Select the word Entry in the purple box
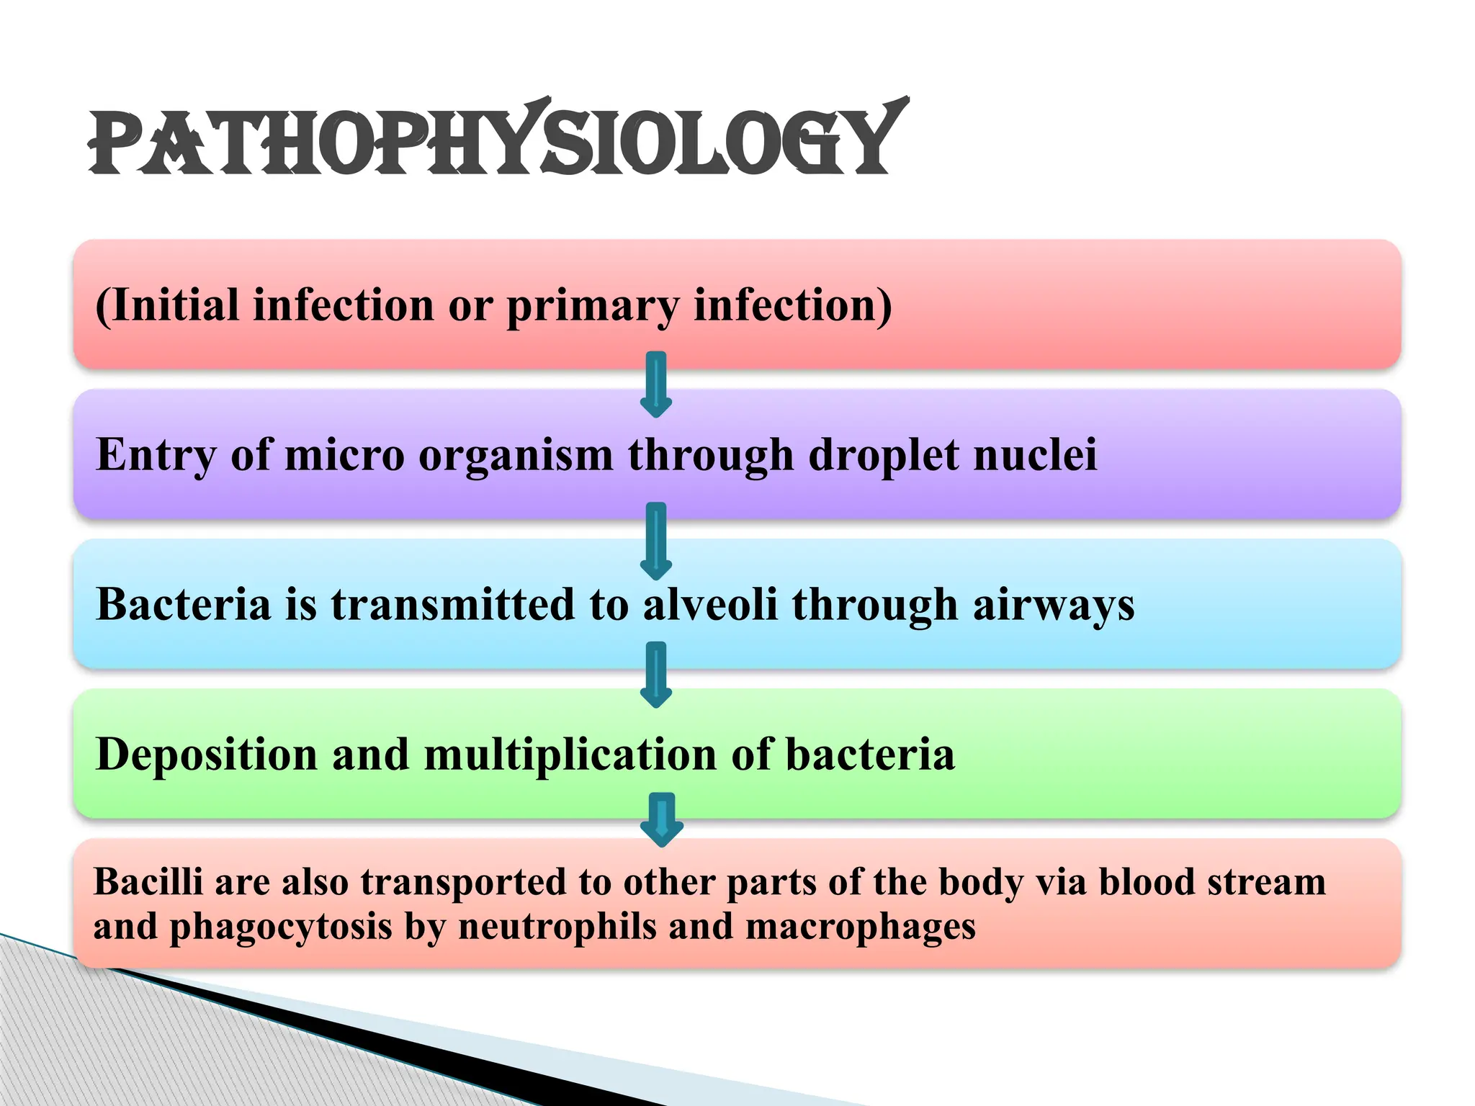coord(156,456)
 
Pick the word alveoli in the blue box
coord(710,604)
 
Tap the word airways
coord(1053,606)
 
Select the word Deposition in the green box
coord(207,755)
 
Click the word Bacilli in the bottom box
coord(148,882)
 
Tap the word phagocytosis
coord(280,927)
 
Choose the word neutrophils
coord(557,927)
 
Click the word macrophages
coord(860,927)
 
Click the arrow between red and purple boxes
coord(656,385)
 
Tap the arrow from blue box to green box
coord(656,675)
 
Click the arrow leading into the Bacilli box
coord(662,819)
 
